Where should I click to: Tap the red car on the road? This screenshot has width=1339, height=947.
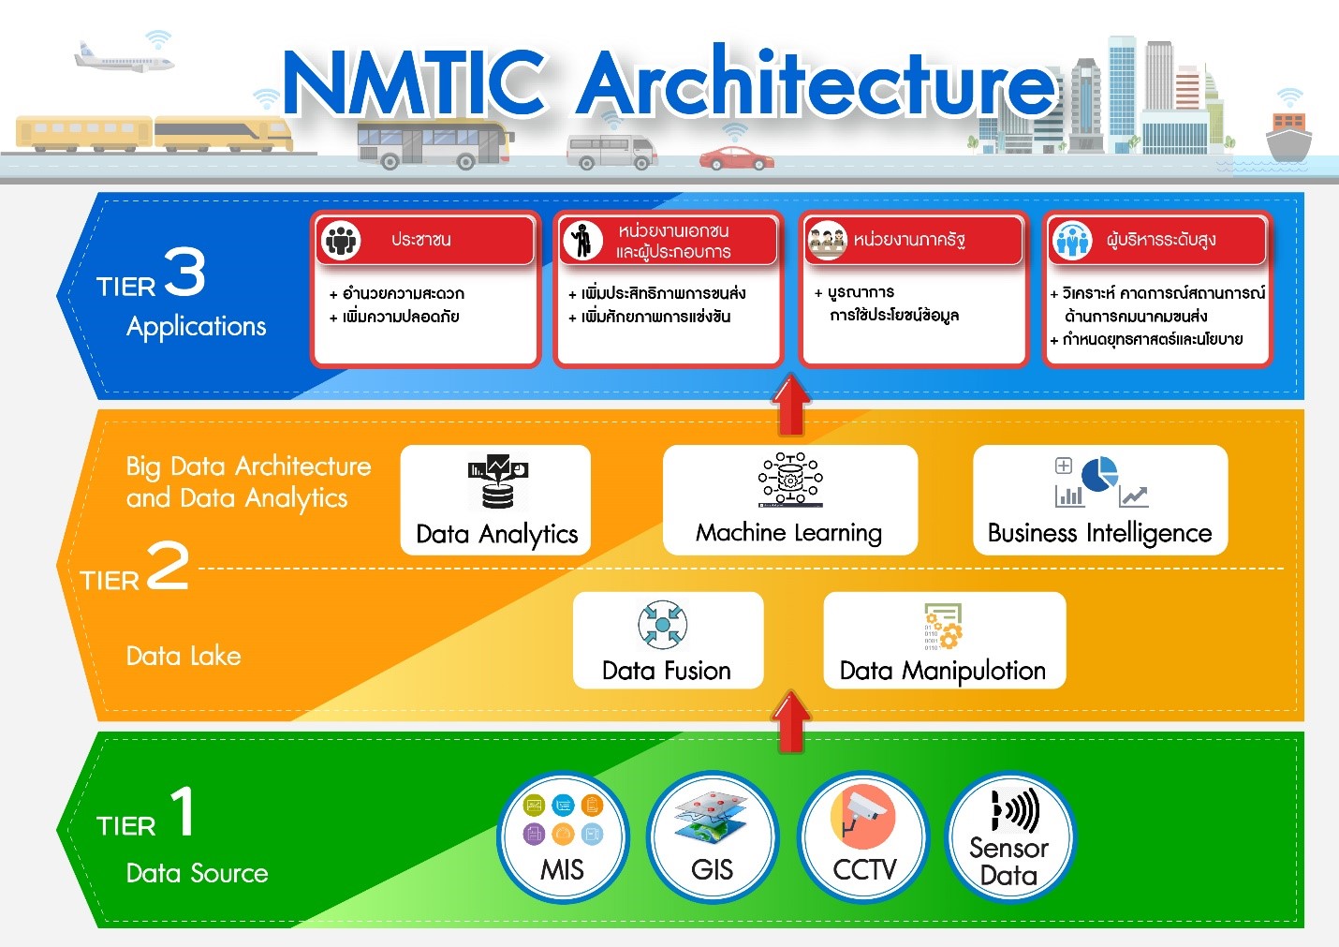coord(736,158)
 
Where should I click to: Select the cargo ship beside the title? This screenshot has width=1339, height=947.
coord(1288,136)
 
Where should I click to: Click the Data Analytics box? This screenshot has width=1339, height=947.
coord(495,500)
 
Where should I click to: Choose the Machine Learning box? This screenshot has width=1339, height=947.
coord(789,500)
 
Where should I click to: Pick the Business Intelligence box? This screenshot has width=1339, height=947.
coord(1100,500)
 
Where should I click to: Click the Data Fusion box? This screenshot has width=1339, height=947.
coord(668,641)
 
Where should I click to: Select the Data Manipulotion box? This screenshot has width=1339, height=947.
coord(945,641)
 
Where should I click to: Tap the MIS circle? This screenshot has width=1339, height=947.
coord(563,837)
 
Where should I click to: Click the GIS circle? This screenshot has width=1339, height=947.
coord(712,837)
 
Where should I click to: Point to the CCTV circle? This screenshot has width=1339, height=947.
coord(862,837)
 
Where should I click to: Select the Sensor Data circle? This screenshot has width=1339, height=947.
coord(1009,837)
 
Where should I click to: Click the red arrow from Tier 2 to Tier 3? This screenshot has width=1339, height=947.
coord(791,405)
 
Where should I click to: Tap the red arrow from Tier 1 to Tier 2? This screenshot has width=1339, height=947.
coord(791,721)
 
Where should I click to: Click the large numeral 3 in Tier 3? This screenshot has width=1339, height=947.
coord(184,272)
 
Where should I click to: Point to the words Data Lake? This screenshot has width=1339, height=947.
coord(184,656)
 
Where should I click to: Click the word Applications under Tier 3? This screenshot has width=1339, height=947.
coord(196,327)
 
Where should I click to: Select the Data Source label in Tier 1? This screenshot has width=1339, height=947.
coord(198,873)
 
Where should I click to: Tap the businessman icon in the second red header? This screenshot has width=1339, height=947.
coord(582,241)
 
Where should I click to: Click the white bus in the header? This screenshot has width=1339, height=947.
coord(434,144)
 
